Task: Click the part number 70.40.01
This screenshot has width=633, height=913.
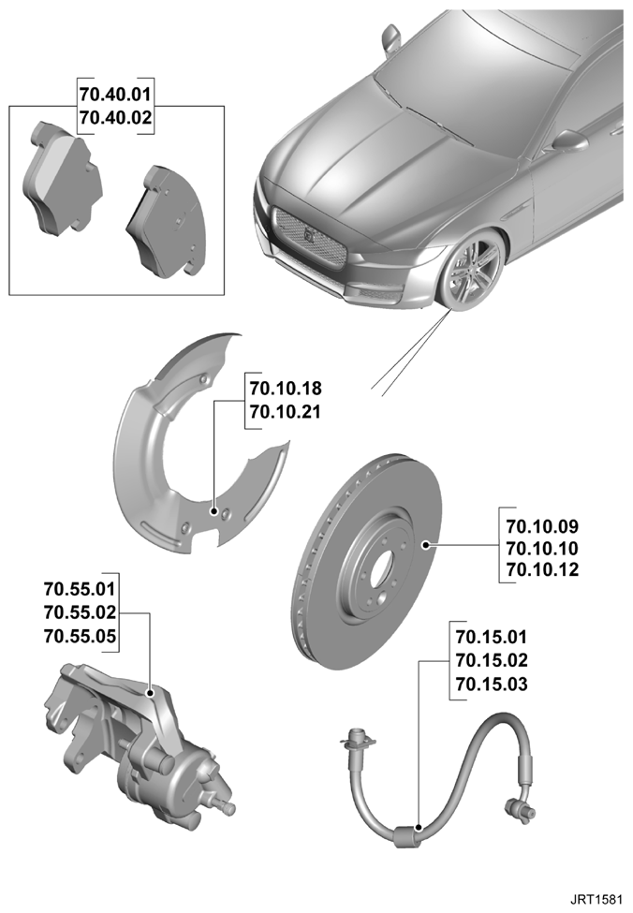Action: [115, 94]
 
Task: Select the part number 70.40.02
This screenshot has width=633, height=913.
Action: [115, 118]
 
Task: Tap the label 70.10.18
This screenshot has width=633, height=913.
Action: [286, 388]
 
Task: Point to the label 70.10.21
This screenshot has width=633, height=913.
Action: [286, 412]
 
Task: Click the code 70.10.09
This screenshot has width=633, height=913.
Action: [542, 526]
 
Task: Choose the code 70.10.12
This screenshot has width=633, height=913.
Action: [542, 569]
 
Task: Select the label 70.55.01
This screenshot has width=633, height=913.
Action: [80, 589]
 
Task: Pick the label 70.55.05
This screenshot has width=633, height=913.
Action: [80, 636]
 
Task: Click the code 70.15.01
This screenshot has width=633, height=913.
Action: [492, 637]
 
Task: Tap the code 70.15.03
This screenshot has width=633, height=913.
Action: [492, 684]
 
